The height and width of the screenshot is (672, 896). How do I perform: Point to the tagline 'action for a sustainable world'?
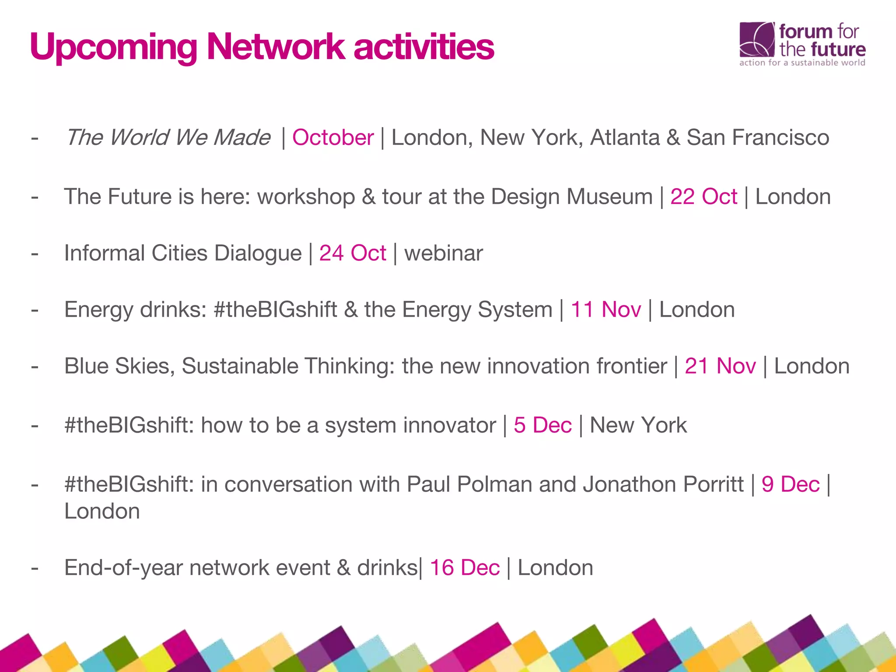tap(802, 63)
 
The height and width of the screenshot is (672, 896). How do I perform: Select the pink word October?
tap(333, 137)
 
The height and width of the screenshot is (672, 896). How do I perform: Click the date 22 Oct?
tap(703, 196)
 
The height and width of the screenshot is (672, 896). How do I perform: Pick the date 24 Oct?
tap(353, 253)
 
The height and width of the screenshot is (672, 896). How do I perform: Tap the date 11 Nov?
tap(606, 309)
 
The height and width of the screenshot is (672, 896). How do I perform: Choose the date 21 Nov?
tap(720, 366)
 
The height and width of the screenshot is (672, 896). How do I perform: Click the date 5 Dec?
tap(542, 425)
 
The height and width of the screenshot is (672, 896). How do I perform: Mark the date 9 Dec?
tap(790, 484)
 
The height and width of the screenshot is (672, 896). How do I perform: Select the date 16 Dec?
tap(465, 567)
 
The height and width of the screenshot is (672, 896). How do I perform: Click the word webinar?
tap(444, 253)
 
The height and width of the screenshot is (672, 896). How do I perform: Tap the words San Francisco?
tap(758, 137)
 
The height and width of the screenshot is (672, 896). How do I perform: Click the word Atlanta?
tap(625, 137)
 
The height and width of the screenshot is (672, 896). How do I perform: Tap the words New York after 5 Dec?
tap(638, 425)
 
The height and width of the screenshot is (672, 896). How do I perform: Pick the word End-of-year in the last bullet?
tap(123, 567)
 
